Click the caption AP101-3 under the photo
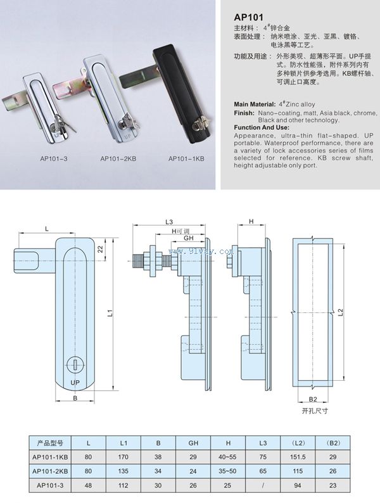(x=37, y=159)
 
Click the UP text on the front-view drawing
(x=75, y=383)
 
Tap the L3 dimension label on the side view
(x=168, y=222)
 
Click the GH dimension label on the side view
(x=188, y=239)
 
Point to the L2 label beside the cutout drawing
(x=341, y=311)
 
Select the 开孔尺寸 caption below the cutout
(x=315, y=411)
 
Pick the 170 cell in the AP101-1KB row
(x=125, y=456)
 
